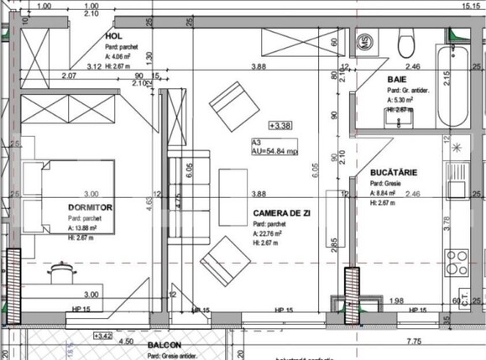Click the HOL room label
(113, 37)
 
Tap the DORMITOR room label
(90, 206)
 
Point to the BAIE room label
(395, 80)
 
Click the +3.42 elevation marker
(102, 336)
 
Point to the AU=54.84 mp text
(275, 152)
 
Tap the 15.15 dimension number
(470, 5)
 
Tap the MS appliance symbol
(366, 40)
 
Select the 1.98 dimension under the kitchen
(397, 300)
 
